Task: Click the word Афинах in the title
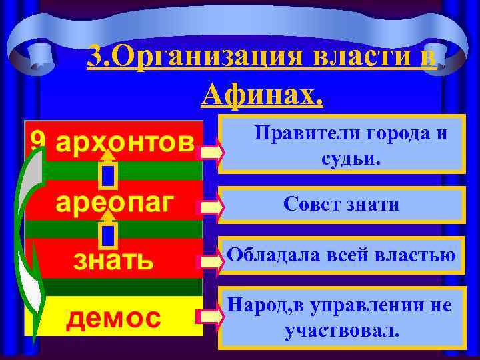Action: click(262, 96)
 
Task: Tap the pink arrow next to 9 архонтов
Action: click(213, 153)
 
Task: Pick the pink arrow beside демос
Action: click(213, 319)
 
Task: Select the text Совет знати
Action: click(341, 204)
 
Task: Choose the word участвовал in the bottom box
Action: click(342, 330)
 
